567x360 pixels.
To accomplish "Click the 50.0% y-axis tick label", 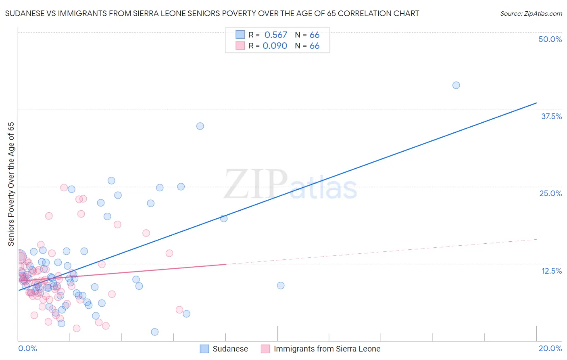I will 550,39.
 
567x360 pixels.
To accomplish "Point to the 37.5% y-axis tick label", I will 551,116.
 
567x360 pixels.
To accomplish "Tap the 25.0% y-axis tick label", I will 550,193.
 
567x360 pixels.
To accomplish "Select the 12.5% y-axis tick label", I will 551,271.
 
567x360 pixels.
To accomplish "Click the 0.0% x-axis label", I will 27,348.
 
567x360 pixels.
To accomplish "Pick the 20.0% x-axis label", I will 550,348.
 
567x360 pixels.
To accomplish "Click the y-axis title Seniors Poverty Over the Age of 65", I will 11,184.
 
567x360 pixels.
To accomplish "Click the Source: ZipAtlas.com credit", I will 531,14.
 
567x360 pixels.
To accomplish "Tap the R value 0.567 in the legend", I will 275,35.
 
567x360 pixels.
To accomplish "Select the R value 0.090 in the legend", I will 275,46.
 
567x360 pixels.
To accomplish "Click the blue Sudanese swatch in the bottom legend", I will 204,349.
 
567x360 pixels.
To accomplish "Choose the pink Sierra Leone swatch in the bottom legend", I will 265,349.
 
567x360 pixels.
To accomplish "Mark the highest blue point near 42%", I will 456,85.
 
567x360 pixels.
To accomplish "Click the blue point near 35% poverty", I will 200,126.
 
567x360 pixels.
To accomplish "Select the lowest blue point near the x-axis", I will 154,332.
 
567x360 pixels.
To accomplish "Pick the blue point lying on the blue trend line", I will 224,218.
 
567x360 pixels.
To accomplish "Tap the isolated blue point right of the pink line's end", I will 281,285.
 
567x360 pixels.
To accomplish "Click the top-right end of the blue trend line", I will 536,103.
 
